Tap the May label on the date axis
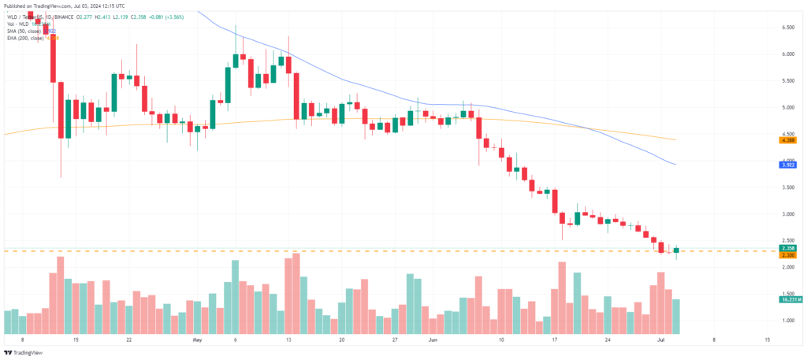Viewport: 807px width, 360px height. (x=197, y=340)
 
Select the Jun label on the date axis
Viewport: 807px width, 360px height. (x=432, y=340)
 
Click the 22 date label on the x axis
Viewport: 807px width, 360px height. (x=128, y=340)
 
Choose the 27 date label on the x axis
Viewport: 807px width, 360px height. (x=394, y=340)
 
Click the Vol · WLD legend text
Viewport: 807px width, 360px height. (x=20, y=24)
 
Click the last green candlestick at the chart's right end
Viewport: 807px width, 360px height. (x=676, y=250)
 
